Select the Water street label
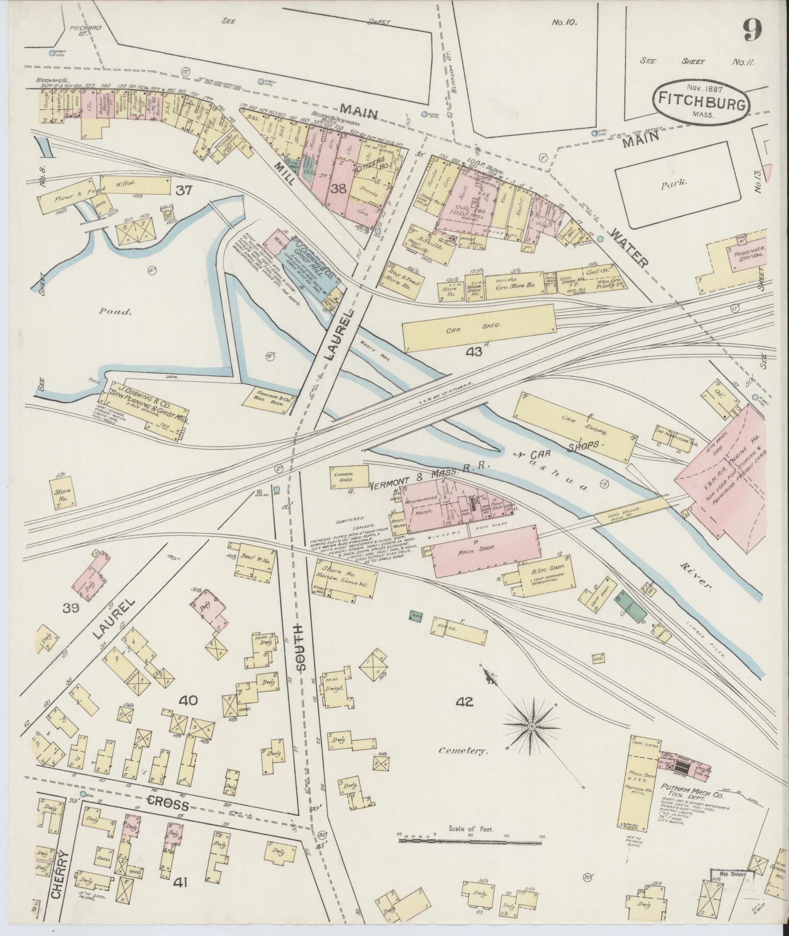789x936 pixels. (629, 249)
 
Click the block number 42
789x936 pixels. (464, 702)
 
